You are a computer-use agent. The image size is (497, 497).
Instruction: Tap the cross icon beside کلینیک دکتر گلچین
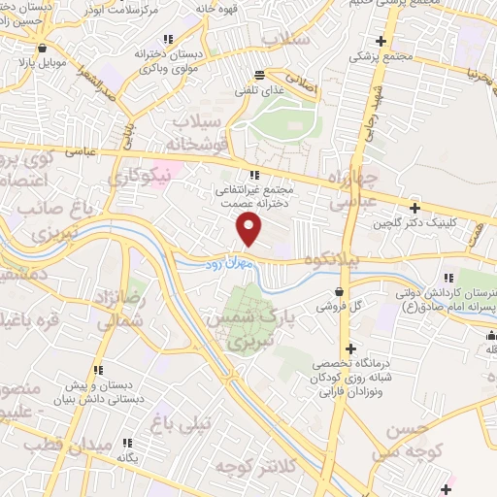tap(414, 207)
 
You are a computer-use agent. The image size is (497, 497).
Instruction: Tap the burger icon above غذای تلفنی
tap(259, 75)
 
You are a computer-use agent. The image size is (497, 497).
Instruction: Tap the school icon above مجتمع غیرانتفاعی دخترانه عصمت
tap(254, 176)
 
